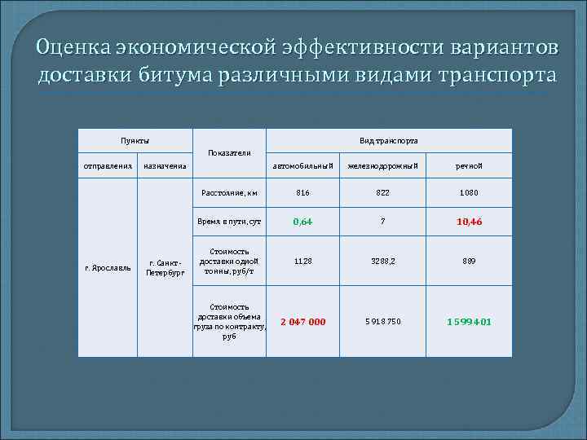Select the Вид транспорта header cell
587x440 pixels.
(389, 140)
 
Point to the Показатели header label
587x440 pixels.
(229, 153)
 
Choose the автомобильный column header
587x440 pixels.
(302, 166)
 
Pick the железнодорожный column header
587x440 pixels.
(382, 166)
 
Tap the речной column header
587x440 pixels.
(468, 166)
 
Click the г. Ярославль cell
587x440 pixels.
(107, 266)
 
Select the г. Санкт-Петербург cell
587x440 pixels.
(165, 266)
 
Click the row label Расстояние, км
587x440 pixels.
(229, 193)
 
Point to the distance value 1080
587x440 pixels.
(468, 193)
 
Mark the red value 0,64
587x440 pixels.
(302, 222)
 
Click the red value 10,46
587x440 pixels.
(468, 222)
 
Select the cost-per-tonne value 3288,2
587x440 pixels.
(382, 262)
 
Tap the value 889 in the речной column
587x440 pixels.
(468, 262)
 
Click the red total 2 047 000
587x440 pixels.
(302, 322)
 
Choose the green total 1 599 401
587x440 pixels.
(468, 322)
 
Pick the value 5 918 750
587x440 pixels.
(382, 322)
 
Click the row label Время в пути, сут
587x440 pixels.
(229, 222)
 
